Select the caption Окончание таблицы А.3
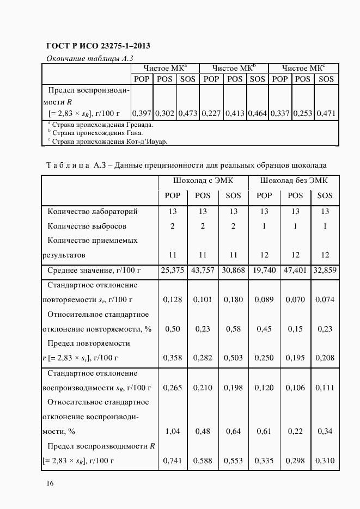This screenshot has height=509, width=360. coord(89,58)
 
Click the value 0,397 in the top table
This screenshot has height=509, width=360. coord(142,114)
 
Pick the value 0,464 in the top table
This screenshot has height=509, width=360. coord(257,114)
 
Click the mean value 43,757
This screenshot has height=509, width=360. coord(203,270)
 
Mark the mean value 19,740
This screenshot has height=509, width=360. coord(264,270)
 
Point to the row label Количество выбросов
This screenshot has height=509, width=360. coord(87,226)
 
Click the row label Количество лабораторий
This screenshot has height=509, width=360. coord(93,211)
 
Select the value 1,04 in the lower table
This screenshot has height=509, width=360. coord(172,431)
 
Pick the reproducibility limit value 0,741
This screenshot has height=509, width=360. coord(172,461)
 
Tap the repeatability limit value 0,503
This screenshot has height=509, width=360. coord(233,358)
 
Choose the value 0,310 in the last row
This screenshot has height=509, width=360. coord(325,461)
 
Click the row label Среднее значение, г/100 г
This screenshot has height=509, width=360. coord(94,270)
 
